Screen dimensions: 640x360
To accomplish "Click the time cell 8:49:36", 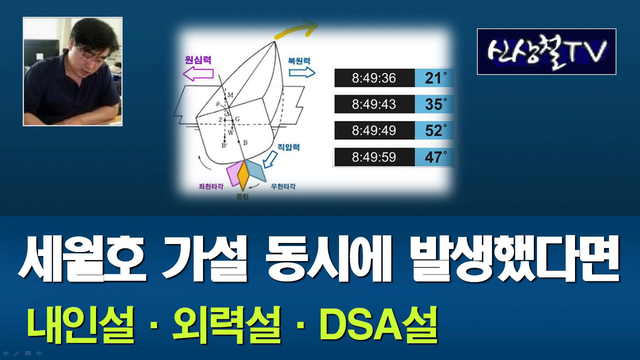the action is [x=374, y=78].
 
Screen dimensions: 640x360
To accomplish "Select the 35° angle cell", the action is [x=434, y=104].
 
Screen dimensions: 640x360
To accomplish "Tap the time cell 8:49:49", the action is [x=374, y=130].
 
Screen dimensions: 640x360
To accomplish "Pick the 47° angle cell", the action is [x=434, y=157].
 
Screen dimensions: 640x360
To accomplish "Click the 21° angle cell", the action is [x=434, y=78].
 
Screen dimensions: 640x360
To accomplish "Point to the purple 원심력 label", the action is [x=198, y=60].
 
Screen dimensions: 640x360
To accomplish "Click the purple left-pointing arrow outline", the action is [x=198, y=74].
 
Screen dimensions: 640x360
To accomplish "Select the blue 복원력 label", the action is [x=299, y=61].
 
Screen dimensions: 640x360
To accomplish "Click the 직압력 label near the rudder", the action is [x=289, y=147].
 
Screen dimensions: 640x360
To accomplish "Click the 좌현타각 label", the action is [x=211, y=186].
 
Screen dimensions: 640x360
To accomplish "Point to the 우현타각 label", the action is [x=283, y=186].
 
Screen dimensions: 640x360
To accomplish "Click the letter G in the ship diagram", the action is [x=237, y=119].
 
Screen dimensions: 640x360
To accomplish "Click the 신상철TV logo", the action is [x=547, y=52].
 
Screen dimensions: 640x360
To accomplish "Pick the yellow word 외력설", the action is [x=227, y=325].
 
